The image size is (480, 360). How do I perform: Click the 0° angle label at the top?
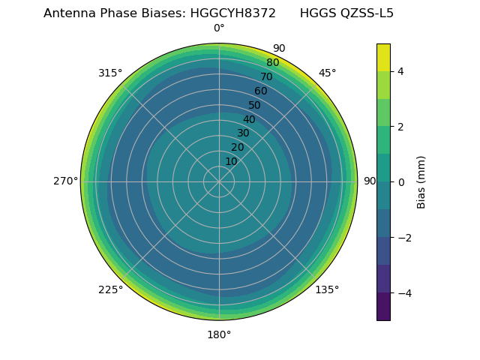click(x=219, y=28)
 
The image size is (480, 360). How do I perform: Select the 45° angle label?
click(x=328, y=73)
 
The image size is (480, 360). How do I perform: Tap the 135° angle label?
click(x=327, y=289)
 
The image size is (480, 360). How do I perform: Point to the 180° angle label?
click(x=219, y=334)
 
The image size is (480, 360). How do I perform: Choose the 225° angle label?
click(x=110, y=289)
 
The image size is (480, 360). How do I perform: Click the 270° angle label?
click(x=65, y=181)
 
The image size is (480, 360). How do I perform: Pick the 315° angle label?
click(x=110, y=73)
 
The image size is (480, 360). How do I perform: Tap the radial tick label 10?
click(x=231, y=161)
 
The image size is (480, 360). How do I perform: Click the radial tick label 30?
click(x=243, y=133)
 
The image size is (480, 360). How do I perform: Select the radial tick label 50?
click(x=255, y=105)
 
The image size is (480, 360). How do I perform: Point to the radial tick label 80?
click(x=272, y=63)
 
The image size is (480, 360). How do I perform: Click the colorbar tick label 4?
click(x=401, y=71)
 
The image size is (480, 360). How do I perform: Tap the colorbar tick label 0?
click(x=401, y=182)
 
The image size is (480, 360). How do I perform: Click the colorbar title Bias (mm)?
click(x=421, y=182)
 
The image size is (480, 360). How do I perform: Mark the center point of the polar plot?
click(x=219, y=181)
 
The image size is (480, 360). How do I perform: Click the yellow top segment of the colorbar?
click(x=383, y=58)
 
